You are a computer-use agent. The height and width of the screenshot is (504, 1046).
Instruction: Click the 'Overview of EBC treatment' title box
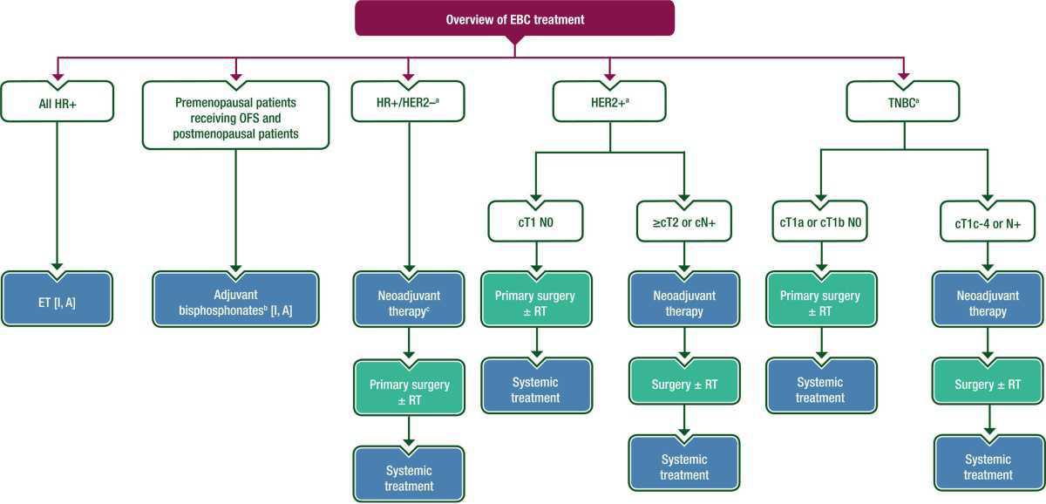click(x=514, y=19)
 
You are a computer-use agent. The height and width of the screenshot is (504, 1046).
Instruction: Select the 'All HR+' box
click(x=58, y=102)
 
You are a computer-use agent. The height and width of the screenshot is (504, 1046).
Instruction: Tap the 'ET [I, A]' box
click(x=58, y=300)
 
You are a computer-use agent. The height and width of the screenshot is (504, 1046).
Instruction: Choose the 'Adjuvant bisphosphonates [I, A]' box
click(x=235, y=300)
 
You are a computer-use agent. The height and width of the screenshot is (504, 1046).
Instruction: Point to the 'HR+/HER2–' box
click(x=407, y=102)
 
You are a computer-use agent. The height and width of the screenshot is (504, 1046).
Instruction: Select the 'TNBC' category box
click(x=904, y=102)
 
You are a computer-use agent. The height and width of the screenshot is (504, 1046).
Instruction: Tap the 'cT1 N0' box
click(x=535, y=222)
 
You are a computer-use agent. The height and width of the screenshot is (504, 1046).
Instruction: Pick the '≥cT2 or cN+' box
click(x=684, y=222)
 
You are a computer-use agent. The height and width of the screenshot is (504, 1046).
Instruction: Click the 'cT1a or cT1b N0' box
click(x=820, y=222)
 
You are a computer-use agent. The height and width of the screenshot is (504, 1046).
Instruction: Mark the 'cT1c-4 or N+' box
click(x=987, y=222)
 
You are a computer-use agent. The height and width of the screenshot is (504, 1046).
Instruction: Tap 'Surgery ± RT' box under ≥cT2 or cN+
click(x=684, y=385)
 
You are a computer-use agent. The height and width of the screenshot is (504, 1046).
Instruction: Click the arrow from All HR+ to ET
click(x=58, y=192)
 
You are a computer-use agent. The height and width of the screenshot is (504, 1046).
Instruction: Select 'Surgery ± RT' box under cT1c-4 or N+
click(x=987, y=385)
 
